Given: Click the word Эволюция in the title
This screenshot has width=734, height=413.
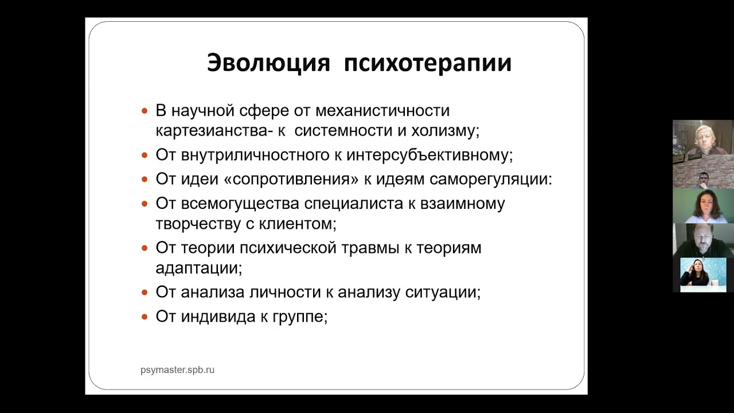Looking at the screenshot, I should click(268, 63).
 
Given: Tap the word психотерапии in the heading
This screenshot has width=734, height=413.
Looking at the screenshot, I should click(428, 63).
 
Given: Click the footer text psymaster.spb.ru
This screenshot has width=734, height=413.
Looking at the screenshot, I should click(177, 370).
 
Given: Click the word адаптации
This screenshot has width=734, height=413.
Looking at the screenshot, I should click(198, 268).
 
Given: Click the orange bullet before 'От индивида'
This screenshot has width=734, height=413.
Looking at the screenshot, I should click(145, 317).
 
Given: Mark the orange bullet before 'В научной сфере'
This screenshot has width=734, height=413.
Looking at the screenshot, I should click(145, 110).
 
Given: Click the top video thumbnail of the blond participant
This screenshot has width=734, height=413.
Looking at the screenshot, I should click(703, 138).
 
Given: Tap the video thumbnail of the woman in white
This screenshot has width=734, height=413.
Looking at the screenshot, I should click(703, 206).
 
